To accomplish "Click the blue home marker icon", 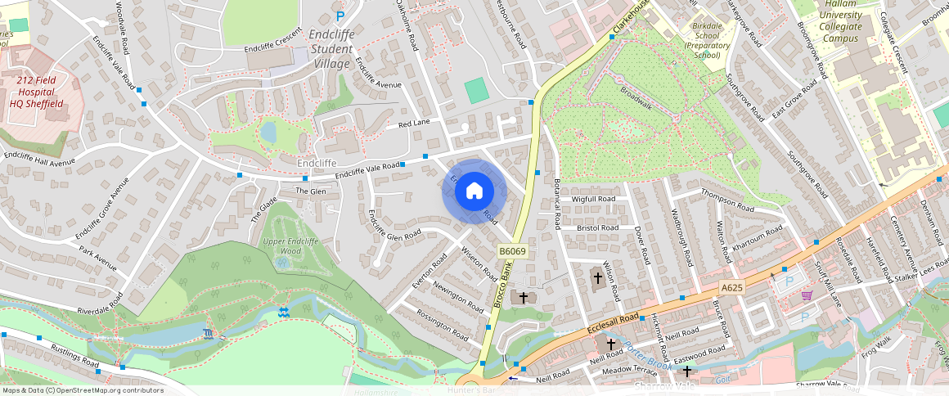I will tap(475, 191).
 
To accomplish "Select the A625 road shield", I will tap(731, 287).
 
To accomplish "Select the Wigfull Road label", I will tap(594, 199).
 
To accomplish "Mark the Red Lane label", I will tap(413, 124).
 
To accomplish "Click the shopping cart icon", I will tap(807, 295).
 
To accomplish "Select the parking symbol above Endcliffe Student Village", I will tap(340, 16).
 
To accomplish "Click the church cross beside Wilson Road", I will tap(597, 278).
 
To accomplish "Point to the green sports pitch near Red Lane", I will tap(475, 90).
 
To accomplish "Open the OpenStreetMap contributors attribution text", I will tap(82, 390).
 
